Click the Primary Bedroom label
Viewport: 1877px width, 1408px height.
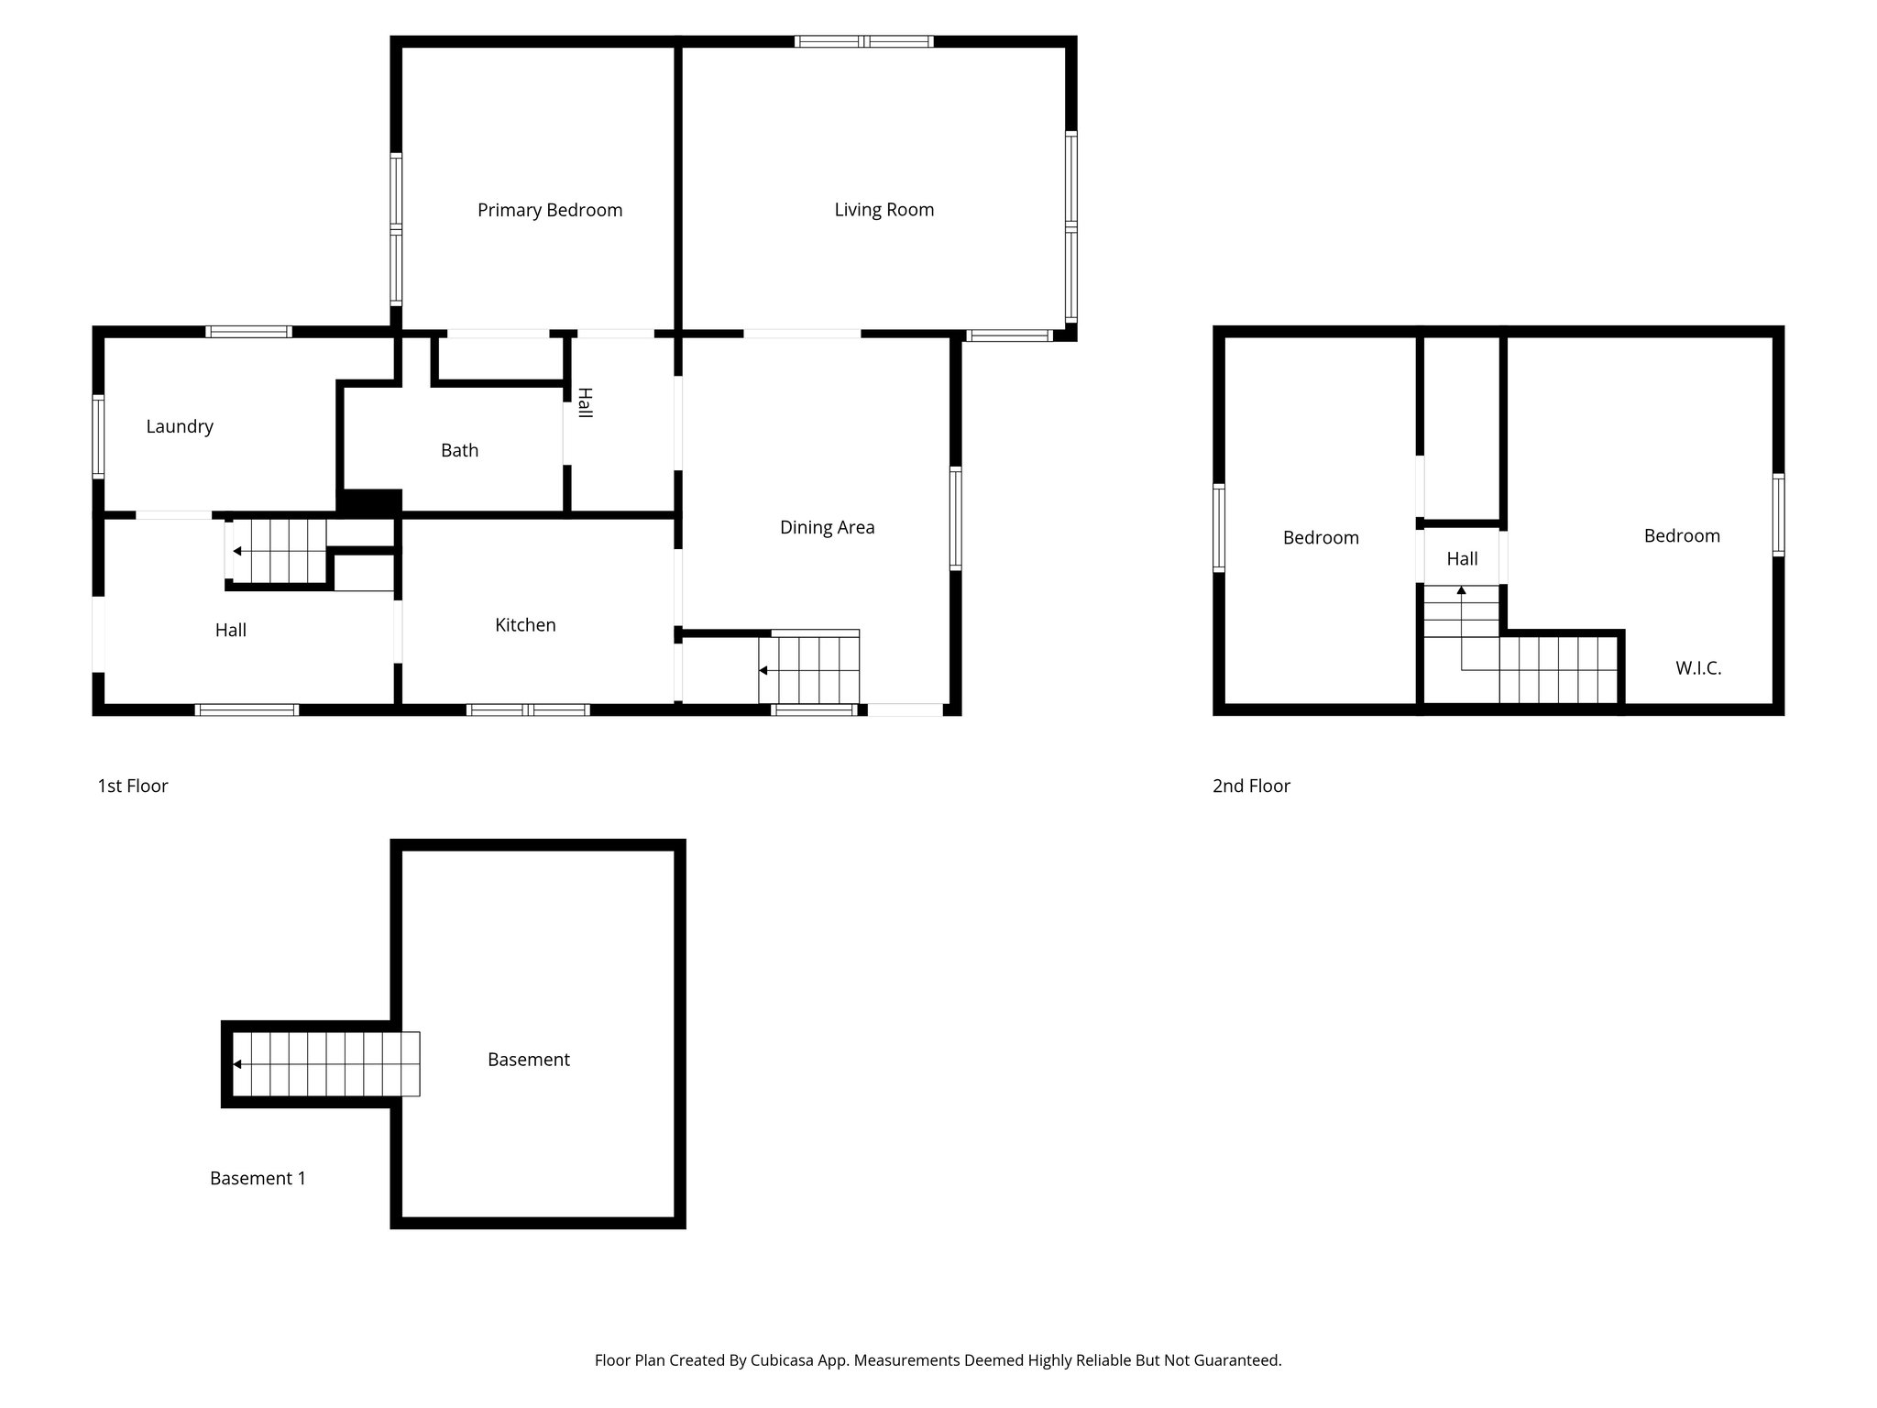tap(549, 210)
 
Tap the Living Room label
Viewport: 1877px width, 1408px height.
tap(884, 209)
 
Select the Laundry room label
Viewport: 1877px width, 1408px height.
tap(180, 426)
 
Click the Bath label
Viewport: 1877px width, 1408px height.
tap(459, 450)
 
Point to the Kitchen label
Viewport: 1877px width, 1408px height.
tap(525, 625)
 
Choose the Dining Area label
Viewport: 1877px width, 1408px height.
tap(827, 527)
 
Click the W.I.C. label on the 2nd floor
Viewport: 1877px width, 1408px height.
tap(1698, 668)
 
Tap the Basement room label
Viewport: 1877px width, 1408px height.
tap(528, 1060)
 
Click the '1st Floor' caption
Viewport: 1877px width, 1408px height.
tap(133, 786)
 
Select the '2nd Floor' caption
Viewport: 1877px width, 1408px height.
tap(1251, 786)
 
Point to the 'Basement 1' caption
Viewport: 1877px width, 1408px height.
tap(258, 1178)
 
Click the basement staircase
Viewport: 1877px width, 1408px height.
tap(325, 1063)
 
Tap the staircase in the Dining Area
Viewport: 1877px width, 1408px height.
tap(808, 669)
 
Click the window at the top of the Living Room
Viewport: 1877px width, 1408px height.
tap(863, 41)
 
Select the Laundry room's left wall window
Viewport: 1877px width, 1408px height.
tap(98, 436)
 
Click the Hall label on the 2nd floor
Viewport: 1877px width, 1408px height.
tap(1462, 558)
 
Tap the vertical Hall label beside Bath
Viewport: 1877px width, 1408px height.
tap(584, 403)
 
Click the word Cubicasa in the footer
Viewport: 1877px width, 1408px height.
tap(784, 1360)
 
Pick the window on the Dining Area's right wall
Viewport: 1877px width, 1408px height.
tap(956, 518)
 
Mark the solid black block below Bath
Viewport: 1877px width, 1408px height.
tap(369, 501)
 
